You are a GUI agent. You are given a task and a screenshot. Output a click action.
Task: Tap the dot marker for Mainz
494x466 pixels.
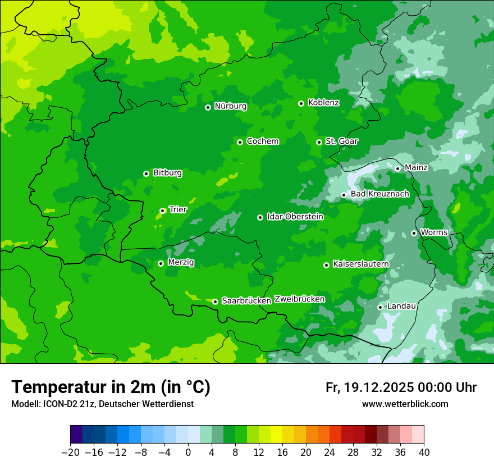[x=397, y=168]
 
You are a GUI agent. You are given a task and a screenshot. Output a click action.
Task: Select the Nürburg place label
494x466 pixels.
[x=230, y=106]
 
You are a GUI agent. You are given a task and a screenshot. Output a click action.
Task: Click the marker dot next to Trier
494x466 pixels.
[x=162, y=211]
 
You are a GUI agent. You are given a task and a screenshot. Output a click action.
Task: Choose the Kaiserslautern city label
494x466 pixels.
[x=360, y=264]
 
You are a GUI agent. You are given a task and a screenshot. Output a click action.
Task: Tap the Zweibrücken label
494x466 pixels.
[x=299, y=299]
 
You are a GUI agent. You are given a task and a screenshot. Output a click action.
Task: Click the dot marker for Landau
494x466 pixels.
[x=380, y=307]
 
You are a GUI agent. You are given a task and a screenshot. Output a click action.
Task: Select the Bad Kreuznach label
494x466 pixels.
[x=379, y=194]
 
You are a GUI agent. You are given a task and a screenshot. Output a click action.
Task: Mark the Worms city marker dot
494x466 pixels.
[x=414, y=233]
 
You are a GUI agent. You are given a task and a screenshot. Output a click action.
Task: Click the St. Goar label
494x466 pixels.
[x=341, y=141]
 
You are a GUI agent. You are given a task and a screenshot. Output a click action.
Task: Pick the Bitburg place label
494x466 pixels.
[x=167, y=173]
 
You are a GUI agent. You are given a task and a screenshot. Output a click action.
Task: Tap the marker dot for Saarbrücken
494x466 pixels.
[x=215, y=301]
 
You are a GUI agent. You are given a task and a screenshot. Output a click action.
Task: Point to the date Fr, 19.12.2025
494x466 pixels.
[x=368, y=387]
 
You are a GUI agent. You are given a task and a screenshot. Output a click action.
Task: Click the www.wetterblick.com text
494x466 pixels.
[x=405, y=404]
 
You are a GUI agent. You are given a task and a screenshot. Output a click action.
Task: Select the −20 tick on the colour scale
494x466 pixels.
[x=70, y=453]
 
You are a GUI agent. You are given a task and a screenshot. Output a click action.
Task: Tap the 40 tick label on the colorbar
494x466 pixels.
[x=424, y=453]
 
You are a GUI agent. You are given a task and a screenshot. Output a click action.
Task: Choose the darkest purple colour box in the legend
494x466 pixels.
[x=76, y=435]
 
